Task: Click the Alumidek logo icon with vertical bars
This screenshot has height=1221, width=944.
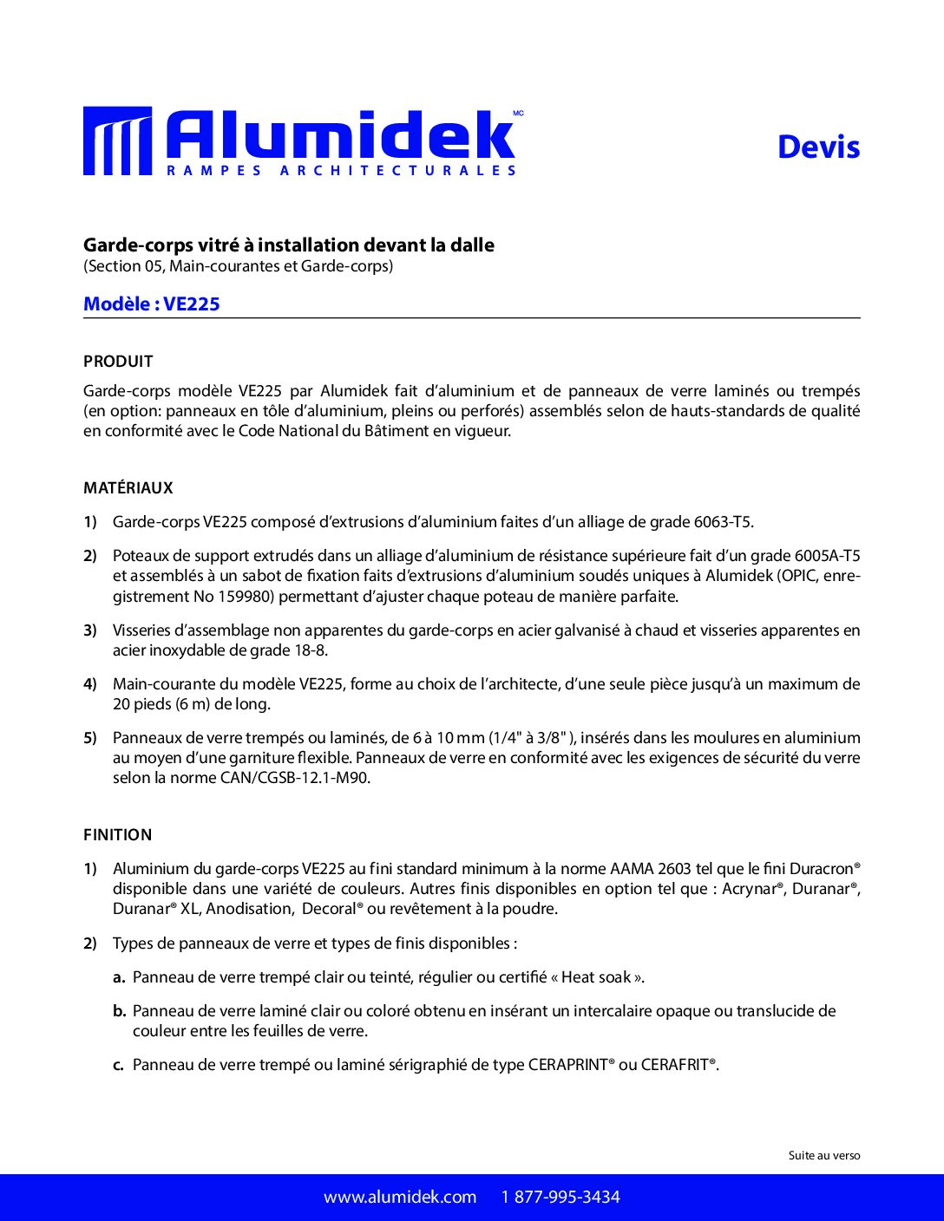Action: (x=117, y=141)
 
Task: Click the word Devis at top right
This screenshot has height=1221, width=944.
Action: (x=818, y=147)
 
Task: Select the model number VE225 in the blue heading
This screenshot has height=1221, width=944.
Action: (x=192, y=304)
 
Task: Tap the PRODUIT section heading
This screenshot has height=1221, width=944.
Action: (x=118, y=362)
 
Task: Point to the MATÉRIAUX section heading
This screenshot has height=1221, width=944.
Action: (x=128, y=488)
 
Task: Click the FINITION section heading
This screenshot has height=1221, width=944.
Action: (x=118, y=835)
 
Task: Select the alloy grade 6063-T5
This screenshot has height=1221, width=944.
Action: (x=723, y=522)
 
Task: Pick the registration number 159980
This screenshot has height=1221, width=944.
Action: (x=246, y=597)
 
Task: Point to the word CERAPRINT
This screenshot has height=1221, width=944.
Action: (x=567, y=1065)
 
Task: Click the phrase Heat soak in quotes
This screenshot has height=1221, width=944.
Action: (x=596, y=977)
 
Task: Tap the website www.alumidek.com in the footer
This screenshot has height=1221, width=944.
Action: (x=400, y=1198)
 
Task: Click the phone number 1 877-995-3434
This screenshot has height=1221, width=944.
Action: (x=560, y=1198)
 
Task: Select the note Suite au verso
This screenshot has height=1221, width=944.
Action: (x=824, y=1155)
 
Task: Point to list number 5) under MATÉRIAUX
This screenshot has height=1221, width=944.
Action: (x=90, y=738)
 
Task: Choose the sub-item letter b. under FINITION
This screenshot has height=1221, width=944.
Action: (x=120, y=1011)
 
